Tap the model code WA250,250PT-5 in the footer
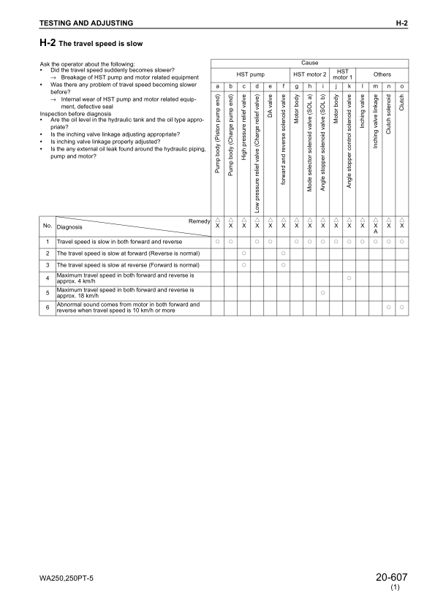click(x=67, y=579)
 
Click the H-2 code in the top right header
click(x=401, y=24)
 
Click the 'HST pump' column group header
click(x=251, y=75)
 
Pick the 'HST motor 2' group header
click(x=309, y=75)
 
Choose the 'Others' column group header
click(x=382, y=75)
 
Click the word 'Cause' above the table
click(x=309, y=64)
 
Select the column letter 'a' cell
click(x=217, y=87)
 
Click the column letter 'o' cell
click(x=402, y=87)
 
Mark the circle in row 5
click(x=322, y=292)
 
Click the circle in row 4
click(x=349, y=278)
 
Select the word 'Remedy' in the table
click(x=199, y=220)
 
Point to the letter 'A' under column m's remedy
click(x=376, y=232)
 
